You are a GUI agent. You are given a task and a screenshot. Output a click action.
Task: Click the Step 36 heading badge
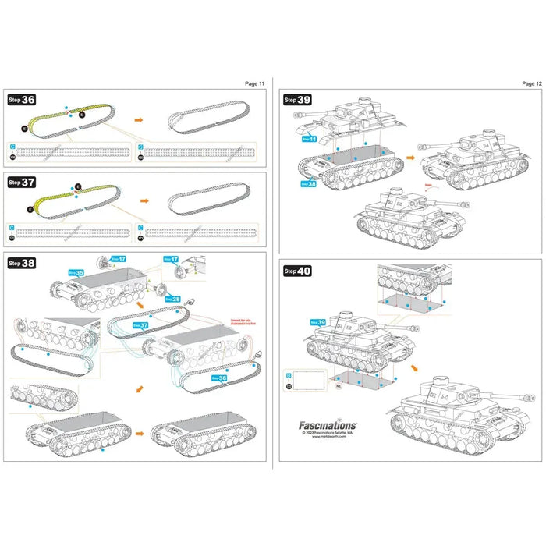(22, 100)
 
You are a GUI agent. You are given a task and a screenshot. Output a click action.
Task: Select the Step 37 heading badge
(22, 182)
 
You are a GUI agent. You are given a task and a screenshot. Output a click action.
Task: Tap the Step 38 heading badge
(22, 264)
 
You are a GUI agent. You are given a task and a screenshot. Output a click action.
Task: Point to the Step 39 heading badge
(297, 100)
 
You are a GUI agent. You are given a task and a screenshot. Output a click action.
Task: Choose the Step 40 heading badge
(297, 271)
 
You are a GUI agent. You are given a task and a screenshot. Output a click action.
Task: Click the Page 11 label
(255, 83)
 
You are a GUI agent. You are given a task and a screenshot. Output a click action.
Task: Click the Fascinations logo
(328, 426)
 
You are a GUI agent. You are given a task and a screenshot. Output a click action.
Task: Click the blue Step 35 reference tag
(75, 274)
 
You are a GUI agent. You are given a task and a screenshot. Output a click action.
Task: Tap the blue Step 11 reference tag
(310, 138)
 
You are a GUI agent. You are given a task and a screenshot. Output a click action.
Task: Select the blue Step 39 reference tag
(318, 321)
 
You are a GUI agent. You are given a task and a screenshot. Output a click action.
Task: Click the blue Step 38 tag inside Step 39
(310, 185)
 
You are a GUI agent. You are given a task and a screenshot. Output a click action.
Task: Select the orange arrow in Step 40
(413, 366)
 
